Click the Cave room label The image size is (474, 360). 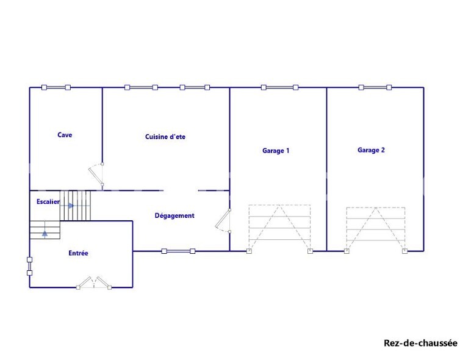[x=65, y=135]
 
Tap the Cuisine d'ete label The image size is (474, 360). [x=165, y=137]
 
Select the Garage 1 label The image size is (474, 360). [x=276, y=151]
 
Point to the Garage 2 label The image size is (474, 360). [x=372, y=150]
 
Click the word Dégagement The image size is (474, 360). [x=174, y=215]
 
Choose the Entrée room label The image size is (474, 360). [x=78, y=253]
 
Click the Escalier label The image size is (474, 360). [x=48, y=201]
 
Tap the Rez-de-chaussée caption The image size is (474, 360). [x=420, y=343]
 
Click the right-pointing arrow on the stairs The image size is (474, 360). [x=71, y=206]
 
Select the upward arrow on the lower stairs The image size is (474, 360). [x=45, y=233]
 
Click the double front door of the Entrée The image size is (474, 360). [x=94, y=283]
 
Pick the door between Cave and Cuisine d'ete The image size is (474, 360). [x=96, y=174]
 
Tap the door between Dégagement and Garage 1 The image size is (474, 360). [x=223, y=221]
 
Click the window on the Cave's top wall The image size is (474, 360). [x=56, y=88]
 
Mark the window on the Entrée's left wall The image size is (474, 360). [x=30, y=266]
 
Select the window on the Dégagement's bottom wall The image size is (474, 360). [x=178, y=251]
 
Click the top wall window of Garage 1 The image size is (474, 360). [x=279, y=88]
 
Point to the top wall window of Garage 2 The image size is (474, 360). [x=375, y=88]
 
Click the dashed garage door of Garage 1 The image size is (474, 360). [x=279, y=228]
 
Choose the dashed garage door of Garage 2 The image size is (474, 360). [x=376, y=229]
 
